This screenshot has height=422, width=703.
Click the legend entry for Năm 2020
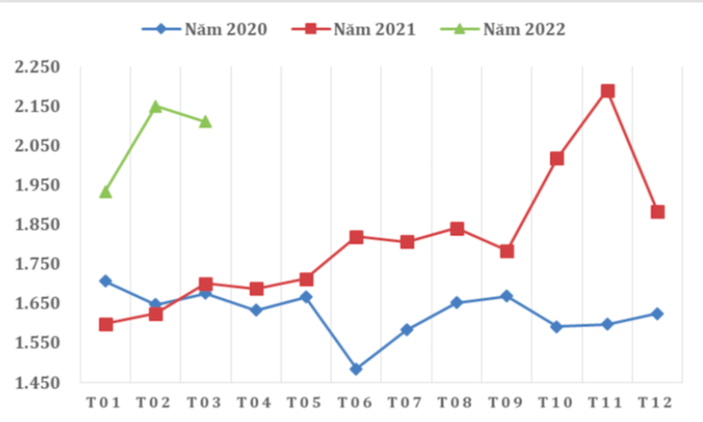click(205, 29)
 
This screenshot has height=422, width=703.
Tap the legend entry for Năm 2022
click(503, 29)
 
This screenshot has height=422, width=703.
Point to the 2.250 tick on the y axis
click(39, 67)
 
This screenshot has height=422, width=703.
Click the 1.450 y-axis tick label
click(39, 382)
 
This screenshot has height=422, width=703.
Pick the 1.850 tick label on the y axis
click(39, 224)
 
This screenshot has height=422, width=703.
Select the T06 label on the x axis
click(356, 403)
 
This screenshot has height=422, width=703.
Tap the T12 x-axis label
click(657, 403)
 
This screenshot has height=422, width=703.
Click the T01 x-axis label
click(105, 403)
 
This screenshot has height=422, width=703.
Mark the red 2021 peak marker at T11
click(607, 91)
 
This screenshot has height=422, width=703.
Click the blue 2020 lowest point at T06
click(356, 369)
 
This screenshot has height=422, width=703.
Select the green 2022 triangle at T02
click(155, 107)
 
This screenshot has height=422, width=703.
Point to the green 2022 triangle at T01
click(105, 192)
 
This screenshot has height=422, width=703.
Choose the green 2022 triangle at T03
click(206, 122)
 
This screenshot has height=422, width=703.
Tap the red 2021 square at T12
click(657, 212)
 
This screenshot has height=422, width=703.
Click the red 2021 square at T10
click(557, 159)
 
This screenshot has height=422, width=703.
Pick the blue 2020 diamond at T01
click(105, 281)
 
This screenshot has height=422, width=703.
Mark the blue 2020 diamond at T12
click(657, 313)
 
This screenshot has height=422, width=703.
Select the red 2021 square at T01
click(105, 324)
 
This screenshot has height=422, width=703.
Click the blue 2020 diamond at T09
click(507, 296)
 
